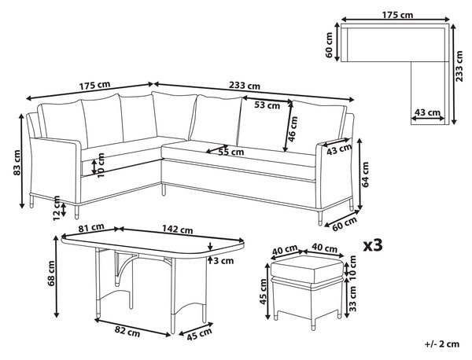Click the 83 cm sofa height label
(x=17, y=163)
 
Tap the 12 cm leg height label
(x=57, y=208)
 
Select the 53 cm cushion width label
(x=267, y=105)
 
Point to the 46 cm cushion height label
(x=293, y=130)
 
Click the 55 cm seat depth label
(x=230, y=152)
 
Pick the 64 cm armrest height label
(x=365, y=174)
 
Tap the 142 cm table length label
(x=178, y=230)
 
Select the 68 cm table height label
(x=51, y=274)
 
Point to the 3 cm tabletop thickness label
(x=223, y=260)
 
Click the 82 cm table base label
(x=127, y=332)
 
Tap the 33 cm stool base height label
(x=352, y=299)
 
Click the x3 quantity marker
(x=373, y=245)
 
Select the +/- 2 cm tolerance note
(x=442, y=343)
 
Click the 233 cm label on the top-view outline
(x=459, y=66)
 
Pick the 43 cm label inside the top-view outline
(x=427, y=112)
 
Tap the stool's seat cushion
(x=307, y=270)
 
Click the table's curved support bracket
(x=126, y=265)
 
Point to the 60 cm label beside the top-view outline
(x=328, y=45)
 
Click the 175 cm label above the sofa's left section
(x=94, y=86)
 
